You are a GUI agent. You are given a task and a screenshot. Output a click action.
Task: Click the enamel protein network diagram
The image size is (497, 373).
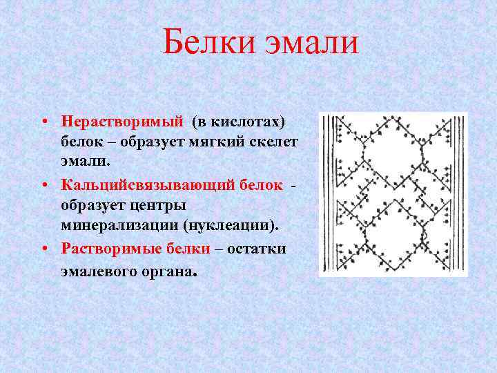coord(392,195)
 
